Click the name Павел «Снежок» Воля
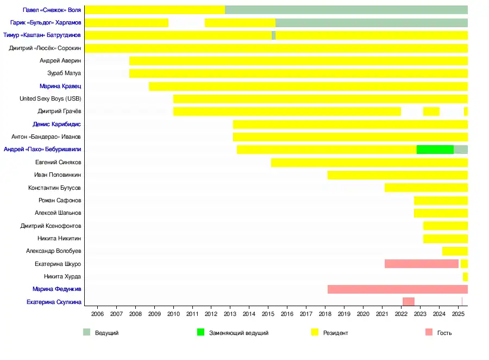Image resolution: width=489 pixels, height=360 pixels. coord(52,10)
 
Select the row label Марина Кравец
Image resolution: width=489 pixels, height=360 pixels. coord(60,86)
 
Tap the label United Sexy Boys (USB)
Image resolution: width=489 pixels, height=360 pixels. coord(50,99)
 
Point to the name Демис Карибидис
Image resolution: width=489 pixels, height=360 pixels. coord(57,125)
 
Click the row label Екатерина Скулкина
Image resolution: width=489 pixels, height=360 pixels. coord(54,302)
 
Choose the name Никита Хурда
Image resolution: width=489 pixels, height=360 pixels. coord(62,277)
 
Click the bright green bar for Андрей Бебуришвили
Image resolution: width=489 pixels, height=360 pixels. coord(435,150)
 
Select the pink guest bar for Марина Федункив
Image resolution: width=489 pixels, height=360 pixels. coord(397,289)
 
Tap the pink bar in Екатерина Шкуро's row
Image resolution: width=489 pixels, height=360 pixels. coord(421,264)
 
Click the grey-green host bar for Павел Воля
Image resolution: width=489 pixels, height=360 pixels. coord(346,10)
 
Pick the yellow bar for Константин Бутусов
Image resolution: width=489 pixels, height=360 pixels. coord(426,188)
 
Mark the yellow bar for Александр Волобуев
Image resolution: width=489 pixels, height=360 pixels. coord(455,251)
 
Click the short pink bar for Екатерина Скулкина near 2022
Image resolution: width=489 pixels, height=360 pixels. coord(408,302)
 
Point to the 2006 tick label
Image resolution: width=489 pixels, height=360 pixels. coord(97,314)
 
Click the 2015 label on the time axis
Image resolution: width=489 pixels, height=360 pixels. coord(268,314)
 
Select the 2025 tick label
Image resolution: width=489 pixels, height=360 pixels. coord(457,314)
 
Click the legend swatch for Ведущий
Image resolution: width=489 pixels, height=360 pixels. coord(86,332)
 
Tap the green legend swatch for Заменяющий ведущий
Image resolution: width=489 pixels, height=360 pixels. coord(200,332)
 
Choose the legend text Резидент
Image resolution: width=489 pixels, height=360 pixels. coord(335,333)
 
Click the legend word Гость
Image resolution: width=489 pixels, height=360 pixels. coord(444,333)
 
